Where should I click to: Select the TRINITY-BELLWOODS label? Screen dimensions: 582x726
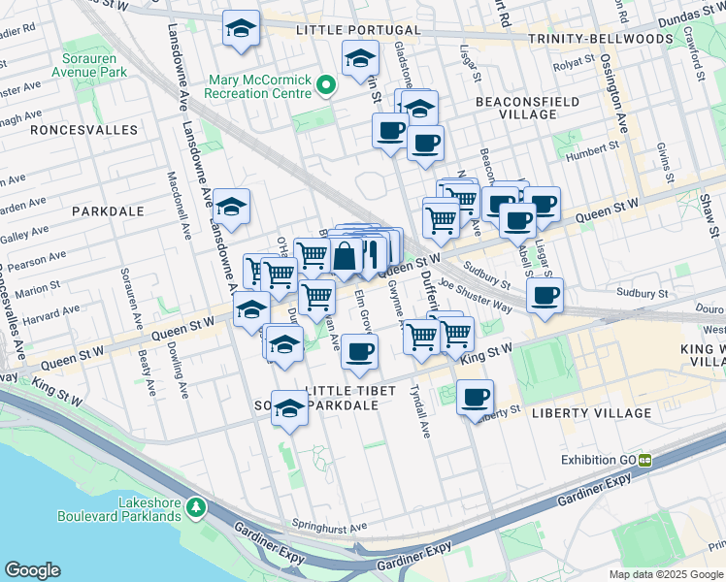click(600, 39)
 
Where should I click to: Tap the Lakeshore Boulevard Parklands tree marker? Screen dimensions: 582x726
click(197, 507)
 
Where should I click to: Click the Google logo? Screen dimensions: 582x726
click(32, 570)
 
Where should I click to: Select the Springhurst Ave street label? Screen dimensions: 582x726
click(331, 527)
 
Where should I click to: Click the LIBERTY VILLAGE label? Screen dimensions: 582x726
click(592, 413)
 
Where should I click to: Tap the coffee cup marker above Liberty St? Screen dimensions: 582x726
click(475, 397)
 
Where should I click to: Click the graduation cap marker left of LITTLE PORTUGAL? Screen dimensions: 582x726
click(241, 29)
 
